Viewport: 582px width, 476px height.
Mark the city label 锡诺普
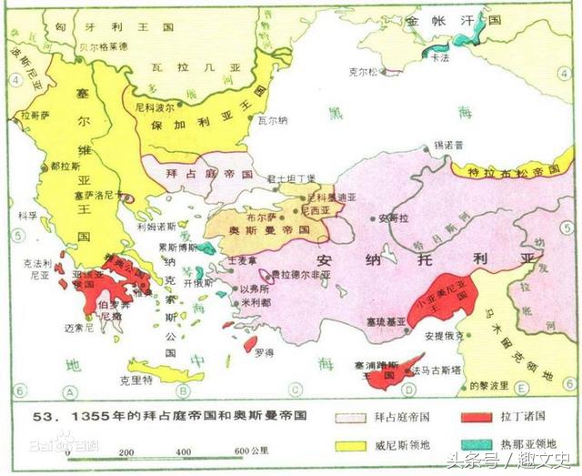click(447, 144)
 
